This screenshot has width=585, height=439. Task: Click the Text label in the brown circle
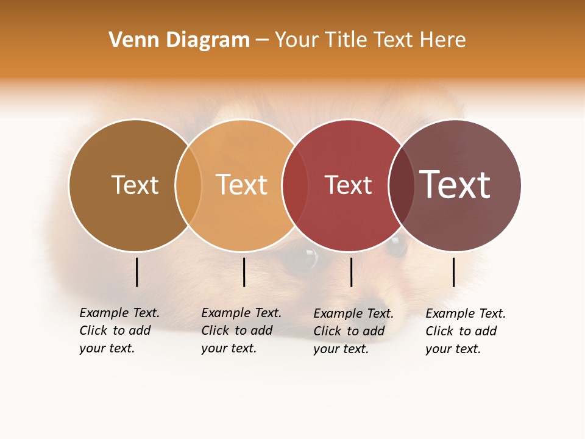pos(135,185)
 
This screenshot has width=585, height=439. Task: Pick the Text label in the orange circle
pos(242,185)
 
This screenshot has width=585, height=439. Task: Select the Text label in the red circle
pos(348,185)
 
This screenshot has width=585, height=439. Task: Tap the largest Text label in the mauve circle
pos(455,185)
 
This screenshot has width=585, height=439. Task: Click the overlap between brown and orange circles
pos(188,185)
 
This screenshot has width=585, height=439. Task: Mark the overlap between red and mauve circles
pos(402,185)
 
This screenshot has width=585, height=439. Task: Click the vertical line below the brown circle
pos(137,272)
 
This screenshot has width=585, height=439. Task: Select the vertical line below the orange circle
pos(244,272)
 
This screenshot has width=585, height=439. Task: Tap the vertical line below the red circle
pos(352,272)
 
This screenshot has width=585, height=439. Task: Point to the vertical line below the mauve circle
pos(454,272)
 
